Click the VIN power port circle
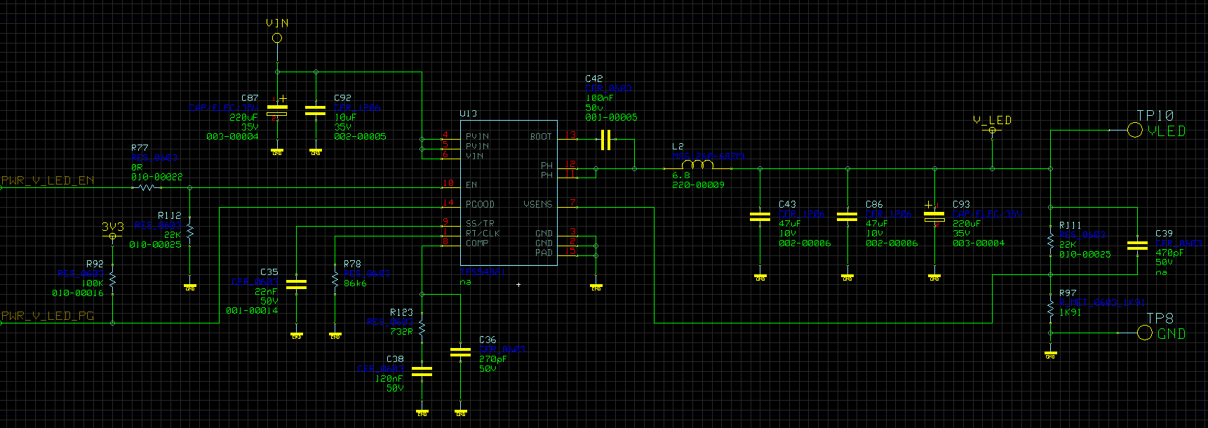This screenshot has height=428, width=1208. tap(277, 38)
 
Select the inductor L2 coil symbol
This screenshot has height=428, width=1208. tap(697, 165)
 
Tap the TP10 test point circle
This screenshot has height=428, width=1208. tap(1134, 130)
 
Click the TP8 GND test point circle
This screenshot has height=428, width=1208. tap(1144, 333)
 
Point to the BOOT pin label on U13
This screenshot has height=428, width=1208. tap(540, 136)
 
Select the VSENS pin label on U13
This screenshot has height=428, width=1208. tap(537, 204)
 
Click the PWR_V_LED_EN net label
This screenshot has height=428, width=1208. tap(48, 180)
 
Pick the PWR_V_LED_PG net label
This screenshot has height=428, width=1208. tap(48, 316)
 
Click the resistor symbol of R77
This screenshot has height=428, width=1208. tap(147, 187)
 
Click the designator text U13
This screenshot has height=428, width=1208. tap(468, 113)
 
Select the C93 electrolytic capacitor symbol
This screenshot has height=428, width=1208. tap(934, 215)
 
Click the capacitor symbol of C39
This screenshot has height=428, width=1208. tap(1137, 245)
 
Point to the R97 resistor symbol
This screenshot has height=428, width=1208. tap(1050, 308)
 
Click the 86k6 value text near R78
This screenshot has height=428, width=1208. tap(355, 283)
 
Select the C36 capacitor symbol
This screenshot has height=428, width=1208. tap(460, 352)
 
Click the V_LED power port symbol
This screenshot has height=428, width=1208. tap(992, 130)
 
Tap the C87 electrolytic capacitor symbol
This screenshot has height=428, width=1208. tap(277, 110)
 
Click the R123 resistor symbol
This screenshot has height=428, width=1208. tap(422, 328)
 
